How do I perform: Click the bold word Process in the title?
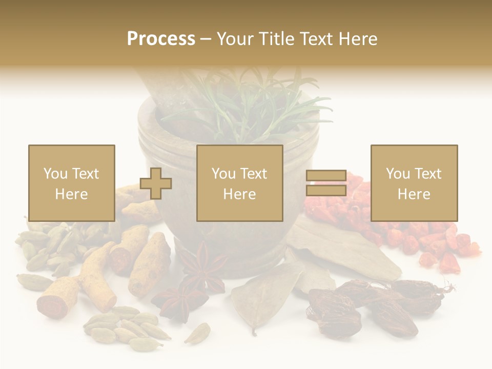click(x=161, y=39)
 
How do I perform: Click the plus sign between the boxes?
click(x=156, y=183)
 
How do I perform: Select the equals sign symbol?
click(x=326, y=183)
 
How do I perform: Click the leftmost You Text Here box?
click(x=71, y=183)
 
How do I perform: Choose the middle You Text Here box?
click(x=239, y=183)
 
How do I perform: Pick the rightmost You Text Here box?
click(x=414, y=183)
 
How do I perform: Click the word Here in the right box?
click(x=414, y=194)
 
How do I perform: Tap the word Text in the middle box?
click(x=254, y=173)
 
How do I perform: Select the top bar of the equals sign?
click(x=326, y=176)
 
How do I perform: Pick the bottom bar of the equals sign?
click(x=326, y=191)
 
